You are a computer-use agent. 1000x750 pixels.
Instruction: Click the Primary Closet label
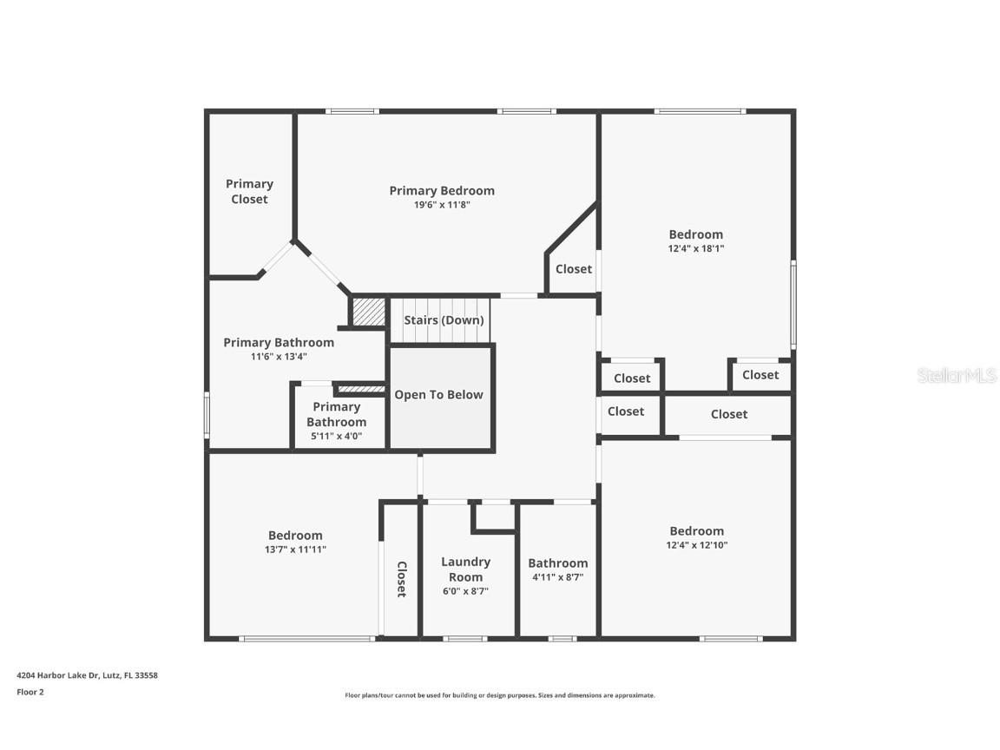(249, 191)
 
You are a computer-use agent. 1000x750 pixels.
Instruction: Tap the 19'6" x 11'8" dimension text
(442, 205)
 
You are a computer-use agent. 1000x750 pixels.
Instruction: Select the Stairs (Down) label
(444, 320)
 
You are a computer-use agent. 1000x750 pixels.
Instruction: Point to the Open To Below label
(438, 395)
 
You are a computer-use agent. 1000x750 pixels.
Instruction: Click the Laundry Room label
(465, 569)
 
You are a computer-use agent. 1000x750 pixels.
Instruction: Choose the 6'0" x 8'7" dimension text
(465, 591)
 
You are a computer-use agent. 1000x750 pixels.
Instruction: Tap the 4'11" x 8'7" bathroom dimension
(557, 576)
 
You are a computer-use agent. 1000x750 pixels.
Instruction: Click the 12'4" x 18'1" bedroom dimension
(695, 248)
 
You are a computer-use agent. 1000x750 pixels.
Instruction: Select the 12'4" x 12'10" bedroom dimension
(696, 545)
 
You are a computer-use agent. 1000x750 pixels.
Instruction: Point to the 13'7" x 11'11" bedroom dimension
(295, 549)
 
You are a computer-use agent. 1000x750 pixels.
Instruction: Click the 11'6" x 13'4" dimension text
(278, 356)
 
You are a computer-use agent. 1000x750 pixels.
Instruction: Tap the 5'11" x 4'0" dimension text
(336, 437)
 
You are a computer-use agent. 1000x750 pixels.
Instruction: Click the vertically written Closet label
(401, 579)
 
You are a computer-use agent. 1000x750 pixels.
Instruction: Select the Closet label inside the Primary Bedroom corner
(573, 269)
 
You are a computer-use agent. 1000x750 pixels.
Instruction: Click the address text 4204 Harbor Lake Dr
(87, 675)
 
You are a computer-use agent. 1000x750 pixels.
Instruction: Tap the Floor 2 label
(30, 692)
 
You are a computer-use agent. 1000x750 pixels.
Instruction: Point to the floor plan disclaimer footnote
(499, 695)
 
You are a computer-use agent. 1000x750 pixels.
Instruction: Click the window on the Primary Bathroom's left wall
(207, 415)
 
